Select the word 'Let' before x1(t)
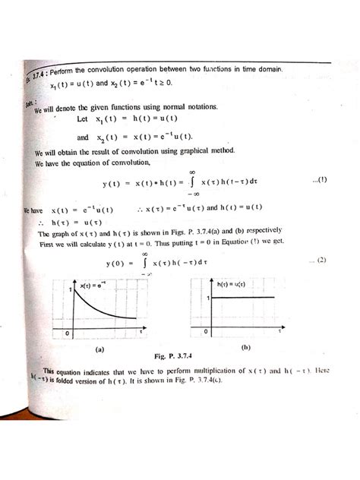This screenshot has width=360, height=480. click(84, 120)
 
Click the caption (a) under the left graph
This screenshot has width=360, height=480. click(98, 350)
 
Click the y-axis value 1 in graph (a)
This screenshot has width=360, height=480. click(69, 291)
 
